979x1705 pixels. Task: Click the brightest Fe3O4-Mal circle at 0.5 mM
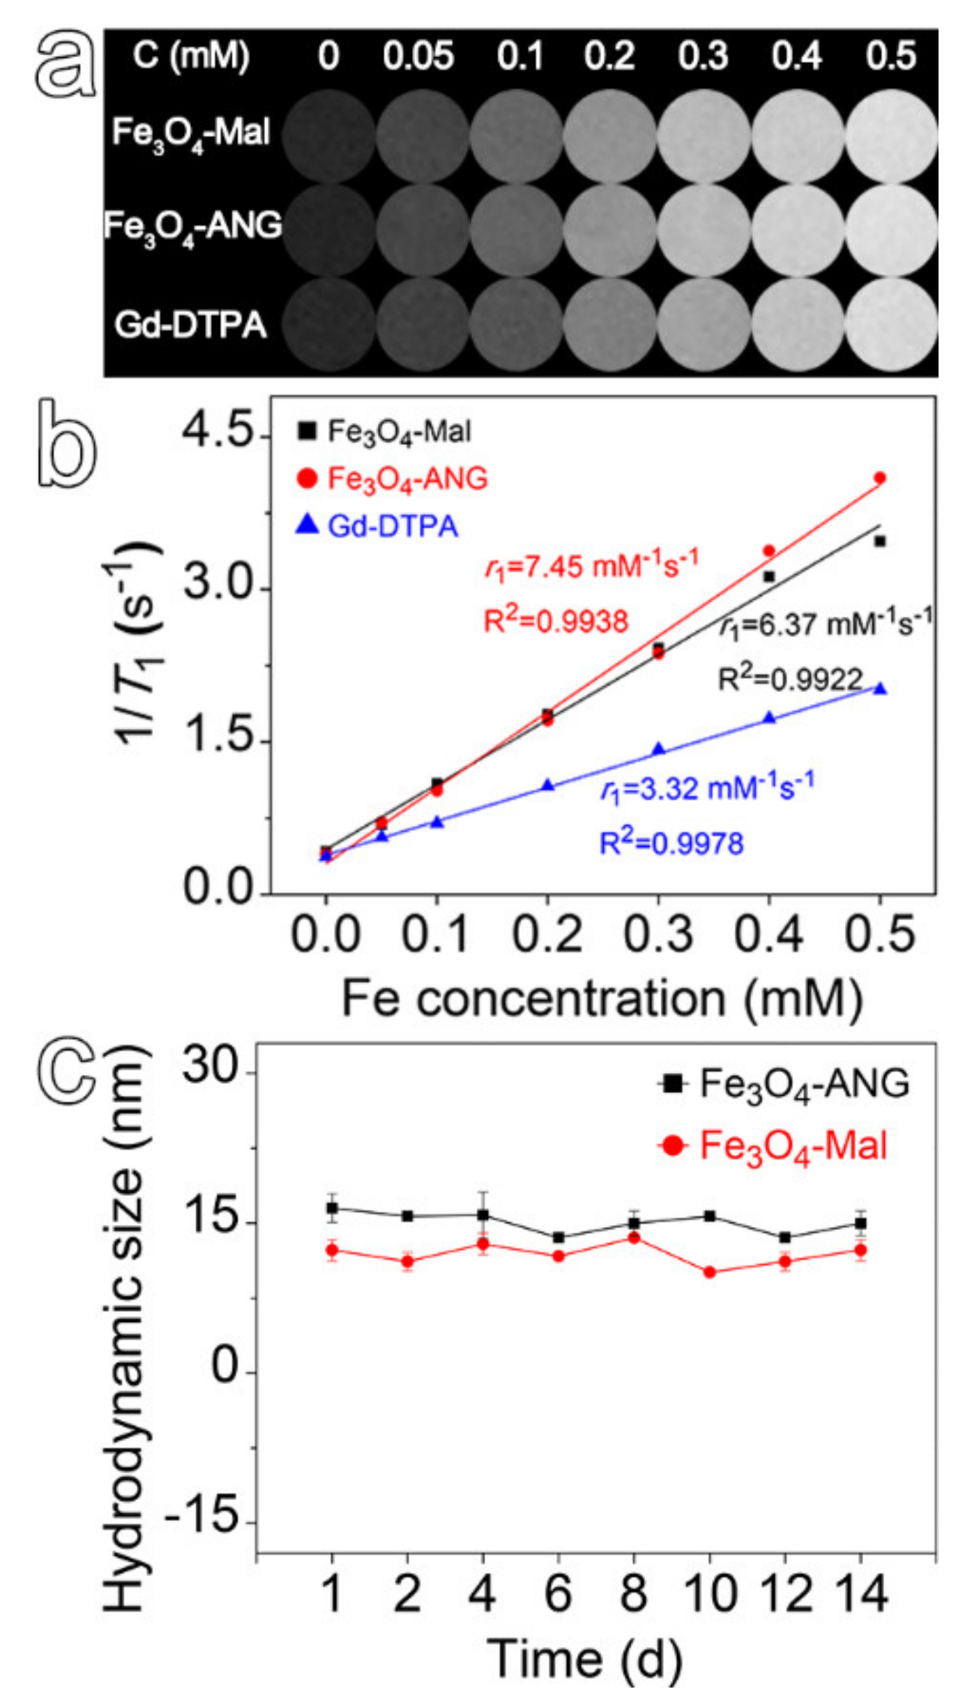pyautogui.click(x=892, y=134)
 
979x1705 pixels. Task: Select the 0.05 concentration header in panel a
pyautogui.click(x=418, y=56)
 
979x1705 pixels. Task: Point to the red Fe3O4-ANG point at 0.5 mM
pyautogui.click(x=880, y=478)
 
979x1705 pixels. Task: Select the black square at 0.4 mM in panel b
pyautogui.click(x=769, y=576)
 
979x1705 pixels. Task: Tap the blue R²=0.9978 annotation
pyautogui.click(x=671, y=843)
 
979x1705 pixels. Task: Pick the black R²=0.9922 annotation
pyautogui.click(x=790, y=678)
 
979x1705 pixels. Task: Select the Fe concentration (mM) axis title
pyautogui.click(x=602, y=999)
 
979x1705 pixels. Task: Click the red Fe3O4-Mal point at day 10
pyautogui.click(x=709, y=1272)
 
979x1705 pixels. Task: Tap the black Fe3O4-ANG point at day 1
pyautogui.click(x=333, y=1208)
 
